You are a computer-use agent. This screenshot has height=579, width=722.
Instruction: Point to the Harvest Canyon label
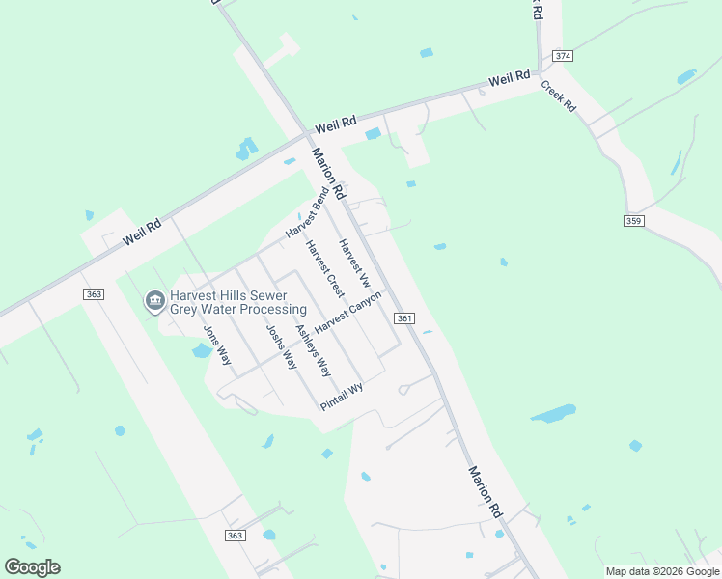tap(348, 311)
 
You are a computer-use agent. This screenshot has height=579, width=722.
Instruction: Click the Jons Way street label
tap(217, 345)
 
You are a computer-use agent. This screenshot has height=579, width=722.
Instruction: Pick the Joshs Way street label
tap(281, 347)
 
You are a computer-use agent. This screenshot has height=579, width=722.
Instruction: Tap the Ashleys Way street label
tap(313, 350)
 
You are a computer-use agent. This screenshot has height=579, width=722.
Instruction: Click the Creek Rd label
tap(558, 96)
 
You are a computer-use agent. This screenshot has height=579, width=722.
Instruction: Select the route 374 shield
tap(563, 56)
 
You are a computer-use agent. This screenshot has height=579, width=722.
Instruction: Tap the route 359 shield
tap(633, 221)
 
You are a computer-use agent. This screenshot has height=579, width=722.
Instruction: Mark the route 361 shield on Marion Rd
tap(404, 318)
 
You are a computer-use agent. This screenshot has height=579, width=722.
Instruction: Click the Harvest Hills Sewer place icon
tap(154, 302)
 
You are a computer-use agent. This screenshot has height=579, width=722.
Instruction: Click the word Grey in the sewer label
tap(186, 310)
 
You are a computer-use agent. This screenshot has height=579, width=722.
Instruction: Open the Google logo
tap(32, 566)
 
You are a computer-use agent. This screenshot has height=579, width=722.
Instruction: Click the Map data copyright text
tap(661, 571)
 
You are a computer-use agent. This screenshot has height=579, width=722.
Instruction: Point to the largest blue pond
tap(553, 414)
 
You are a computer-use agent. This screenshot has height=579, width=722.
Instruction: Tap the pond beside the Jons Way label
tap(201, 350)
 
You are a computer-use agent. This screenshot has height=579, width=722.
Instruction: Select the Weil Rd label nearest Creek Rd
tap(509, 78)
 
